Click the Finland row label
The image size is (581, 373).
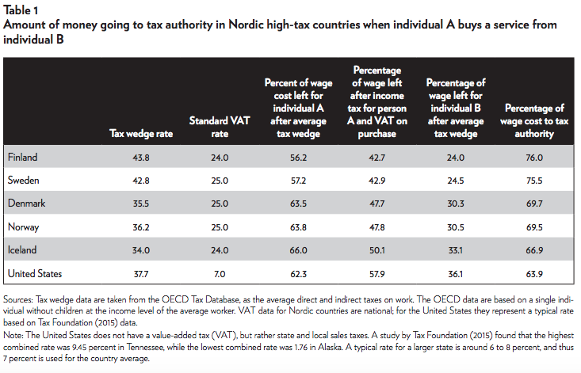22,157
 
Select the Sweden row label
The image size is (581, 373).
23,181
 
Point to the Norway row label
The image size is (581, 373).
23,226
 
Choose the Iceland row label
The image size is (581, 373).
22,249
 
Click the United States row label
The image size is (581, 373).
34,273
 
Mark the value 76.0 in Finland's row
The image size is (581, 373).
532,157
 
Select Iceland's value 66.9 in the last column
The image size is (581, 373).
532,249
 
